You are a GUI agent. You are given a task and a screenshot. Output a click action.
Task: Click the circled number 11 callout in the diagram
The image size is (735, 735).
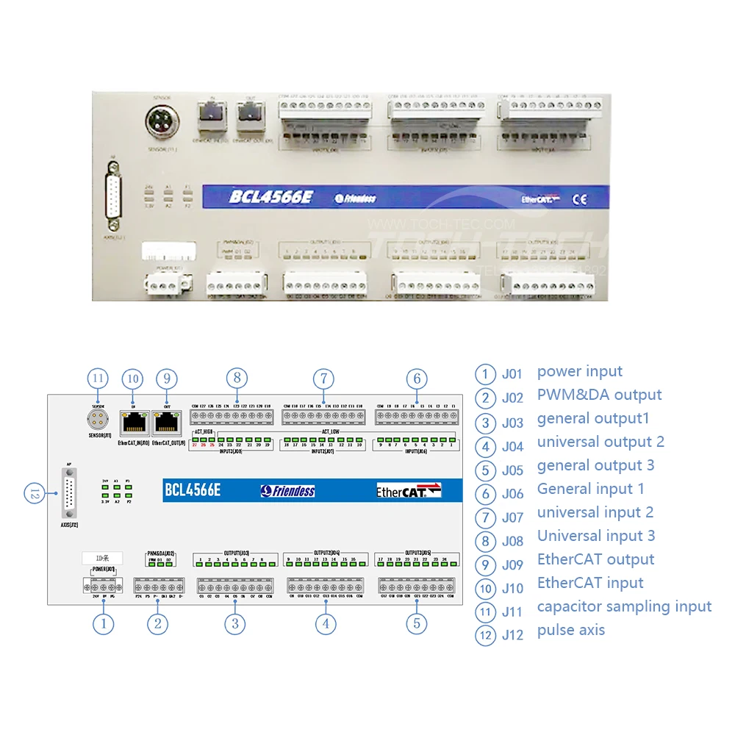point(98,379)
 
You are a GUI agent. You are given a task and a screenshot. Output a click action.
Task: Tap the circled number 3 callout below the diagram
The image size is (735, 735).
point(234,624)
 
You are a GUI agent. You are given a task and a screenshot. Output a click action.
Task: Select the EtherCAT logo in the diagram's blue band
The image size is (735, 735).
point(408,490)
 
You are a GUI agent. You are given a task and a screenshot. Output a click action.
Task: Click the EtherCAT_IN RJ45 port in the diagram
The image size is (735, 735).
point(132,421)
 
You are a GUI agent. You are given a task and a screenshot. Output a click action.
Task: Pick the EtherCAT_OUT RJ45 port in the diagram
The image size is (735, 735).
point(167,421)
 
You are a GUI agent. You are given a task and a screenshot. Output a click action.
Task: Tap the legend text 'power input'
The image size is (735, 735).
point(579,371)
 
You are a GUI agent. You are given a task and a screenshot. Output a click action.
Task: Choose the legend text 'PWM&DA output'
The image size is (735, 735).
point(599,395)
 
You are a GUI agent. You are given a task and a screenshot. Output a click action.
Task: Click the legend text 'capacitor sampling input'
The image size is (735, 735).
point(624,606)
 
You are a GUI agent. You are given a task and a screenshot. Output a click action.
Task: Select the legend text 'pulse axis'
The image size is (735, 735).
point(570,630)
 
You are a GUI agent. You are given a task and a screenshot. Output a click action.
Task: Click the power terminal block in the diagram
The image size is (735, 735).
point(102,587)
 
